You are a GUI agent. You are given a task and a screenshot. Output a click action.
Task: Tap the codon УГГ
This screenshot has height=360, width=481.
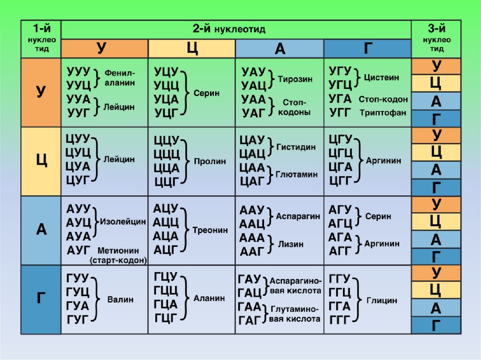pyautogui.click(x=340, y=112)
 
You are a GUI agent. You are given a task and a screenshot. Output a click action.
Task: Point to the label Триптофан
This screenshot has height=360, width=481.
pyautogui.click(x=383, y=113)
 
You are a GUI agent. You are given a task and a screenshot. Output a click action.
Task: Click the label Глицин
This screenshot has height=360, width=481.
pyautogui.click(x=382, y=300)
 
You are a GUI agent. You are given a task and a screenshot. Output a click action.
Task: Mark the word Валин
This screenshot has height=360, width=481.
pyautogui.click(x=121, y=299)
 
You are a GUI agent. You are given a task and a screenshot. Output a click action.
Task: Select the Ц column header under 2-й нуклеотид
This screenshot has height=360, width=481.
pyautogui.click(x=192, y=49)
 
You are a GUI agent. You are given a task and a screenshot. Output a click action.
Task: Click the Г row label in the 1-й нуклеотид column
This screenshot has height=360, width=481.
pyautogui.click(x=41, y=299)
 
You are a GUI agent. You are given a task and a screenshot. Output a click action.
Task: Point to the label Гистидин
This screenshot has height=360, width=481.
pyautogui.click(x=296, y=147)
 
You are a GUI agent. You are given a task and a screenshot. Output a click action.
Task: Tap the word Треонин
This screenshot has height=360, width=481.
pyautogui.click(x=210, y=230)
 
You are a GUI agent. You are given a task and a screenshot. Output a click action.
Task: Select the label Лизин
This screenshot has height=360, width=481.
pyautogui.click(x=291, y=244)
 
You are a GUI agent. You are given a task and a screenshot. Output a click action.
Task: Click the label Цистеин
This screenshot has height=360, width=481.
pyautogui.click(x=381, y=78)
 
